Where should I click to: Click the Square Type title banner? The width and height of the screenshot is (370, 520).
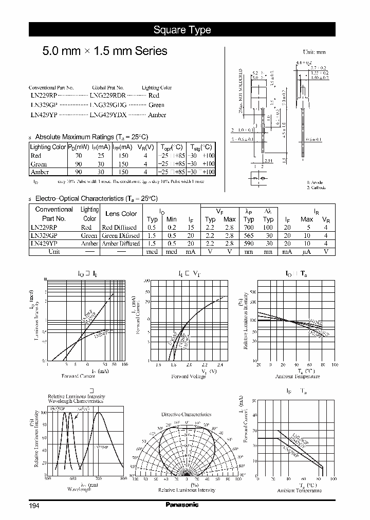(x=182, y=30)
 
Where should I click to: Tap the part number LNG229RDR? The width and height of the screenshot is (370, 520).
(x=108, y=96)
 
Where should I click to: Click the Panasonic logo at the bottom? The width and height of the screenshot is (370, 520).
(x=182, y=505)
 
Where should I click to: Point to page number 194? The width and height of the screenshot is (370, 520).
(x=34, y=506)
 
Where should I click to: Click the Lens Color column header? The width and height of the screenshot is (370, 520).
(x=121, y=214)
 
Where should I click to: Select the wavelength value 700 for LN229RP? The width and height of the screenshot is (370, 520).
(x=249, y=227)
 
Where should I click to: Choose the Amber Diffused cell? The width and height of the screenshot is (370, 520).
(x=121, y=244)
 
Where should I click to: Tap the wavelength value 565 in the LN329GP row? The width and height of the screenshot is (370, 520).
(x=249, y=235)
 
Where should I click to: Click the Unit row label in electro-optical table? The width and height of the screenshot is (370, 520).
(x=54, y=252)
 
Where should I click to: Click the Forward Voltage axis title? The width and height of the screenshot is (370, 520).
(x=192, y=376)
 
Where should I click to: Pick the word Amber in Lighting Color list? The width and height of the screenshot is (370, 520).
(x=157, y=115)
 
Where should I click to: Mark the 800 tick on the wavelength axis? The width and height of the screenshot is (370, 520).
(x=123, y=479)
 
